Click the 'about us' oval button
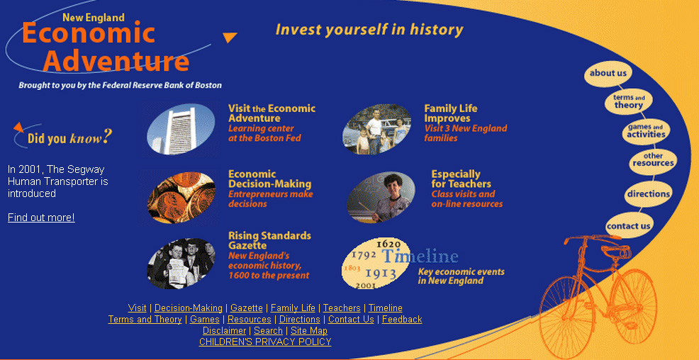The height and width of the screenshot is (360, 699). [x=608, y=74]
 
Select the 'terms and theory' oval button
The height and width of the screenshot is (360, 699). [x=629, y=101]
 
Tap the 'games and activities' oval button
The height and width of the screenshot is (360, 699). [x=646, y=131]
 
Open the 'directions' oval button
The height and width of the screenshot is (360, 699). [x=648, y=193]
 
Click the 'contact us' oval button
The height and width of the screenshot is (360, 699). [x=629, y=226]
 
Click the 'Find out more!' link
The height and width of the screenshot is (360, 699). [x=41, y=218]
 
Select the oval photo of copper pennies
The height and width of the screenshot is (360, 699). [x=181, y=198]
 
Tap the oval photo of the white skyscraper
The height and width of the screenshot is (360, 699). [x=181, y=129]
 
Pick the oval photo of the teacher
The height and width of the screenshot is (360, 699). [x=381, y=198]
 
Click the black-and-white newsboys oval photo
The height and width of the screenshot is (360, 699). [x=181, y=264]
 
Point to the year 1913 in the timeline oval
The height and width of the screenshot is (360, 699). [x=381, y=274]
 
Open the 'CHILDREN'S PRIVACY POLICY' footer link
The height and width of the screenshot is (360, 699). [x=265, y=342]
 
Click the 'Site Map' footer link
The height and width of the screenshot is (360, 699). [x=309, y=331]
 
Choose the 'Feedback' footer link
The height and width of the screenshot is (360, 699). [x=402, y=320]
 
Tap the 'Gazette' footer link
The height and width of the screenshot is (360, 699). [x=247, y=308]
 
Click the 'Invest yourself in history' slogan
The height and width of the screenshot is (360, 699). [x=369, y=30]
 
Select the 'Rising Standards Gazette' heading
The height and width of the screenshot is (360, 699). [x=269, y=241]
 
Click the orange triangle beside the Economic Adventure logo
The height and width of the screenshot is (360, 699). [x=230, y=38]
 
